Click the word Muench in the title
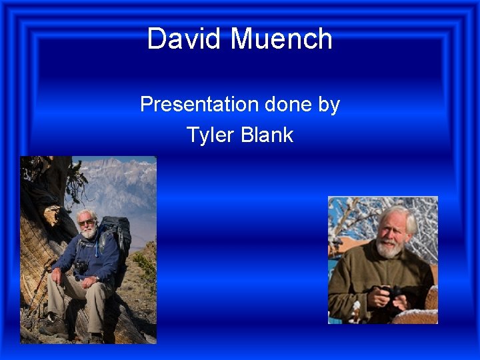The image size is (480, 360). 281,39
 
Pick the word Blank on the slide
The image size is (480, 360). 267,135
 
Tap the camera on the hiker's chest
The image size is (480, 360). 81,267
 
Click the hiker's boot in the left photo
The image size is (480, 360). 53,326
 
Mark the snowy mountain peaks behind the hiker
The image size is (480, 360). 113,175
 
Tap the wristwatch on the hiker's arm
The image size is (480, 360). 97,278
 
